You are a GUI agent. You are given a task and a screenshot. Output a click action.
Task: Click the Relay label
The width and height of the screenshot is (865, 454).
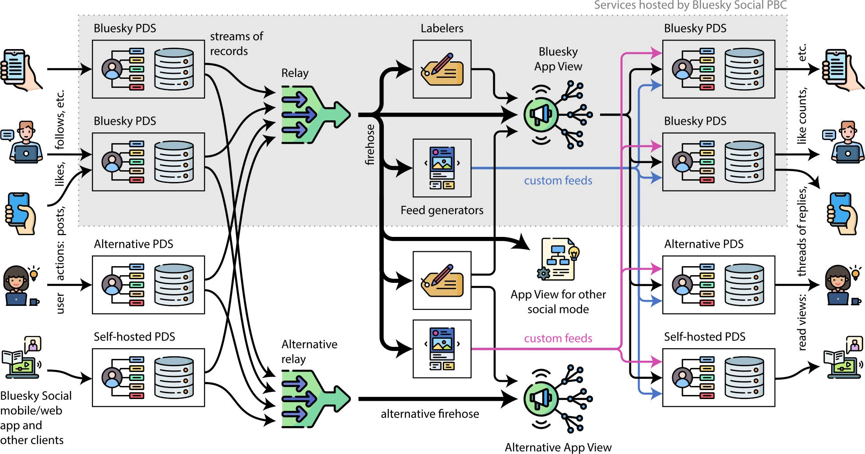point(295,73)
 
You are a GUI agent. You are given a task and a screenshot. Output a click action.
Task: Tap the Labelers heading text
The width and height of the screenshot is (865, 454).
point(442,28)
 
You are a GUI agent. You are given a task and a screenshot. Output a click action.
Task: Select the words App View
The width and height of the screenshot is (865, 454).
point(558,67)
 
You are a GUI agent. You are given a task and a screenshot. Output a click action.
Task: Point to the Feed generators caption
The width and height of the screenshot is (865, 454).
point(442,210)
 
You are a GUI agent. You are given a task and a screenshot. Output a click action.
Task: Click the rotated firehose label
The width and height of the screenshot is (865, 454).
point(370,145)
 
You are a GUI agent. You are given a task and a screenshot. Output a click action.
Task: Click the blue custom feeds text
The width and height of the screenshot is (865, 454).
point(558,181)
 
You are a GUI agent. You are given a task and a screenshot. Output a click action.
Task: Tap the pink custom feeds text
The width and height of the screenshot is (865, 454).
point(558,338)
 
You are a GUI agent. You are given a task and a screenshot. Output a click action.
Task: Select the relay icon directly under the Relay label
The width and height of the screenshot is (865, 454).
point(314,115)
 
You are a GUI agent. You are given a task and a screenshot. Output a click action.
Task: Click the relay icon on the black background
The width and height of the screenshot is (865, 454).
point(314,399)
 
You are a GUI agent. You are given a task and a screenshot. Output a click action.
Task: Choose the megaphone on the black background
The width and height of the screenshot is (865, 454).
point(541,399)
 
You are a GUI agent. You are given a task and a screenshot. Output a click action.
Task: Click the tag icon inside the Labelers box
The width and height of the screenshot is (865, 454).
point(442,70)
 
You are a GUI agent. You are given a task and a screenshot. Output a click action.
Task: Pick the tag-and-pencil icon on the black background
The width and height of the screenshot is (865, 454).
point(442,281)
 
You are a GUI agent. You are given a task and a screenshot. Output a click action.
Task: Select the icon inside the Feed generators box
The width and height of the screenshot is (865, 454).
point(442,168)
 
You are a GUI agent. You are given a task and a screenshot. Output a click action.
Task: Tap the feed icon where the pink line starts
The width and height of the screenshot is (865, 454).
point(442,349)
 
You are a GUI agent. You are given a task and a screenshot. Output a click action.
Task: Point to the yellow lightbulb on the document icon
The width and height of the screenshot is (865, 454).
point(574,252)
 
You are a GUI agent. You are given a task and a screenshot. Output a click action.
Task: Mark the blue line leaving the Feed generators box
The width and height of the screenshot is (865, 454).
point(541,168)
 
